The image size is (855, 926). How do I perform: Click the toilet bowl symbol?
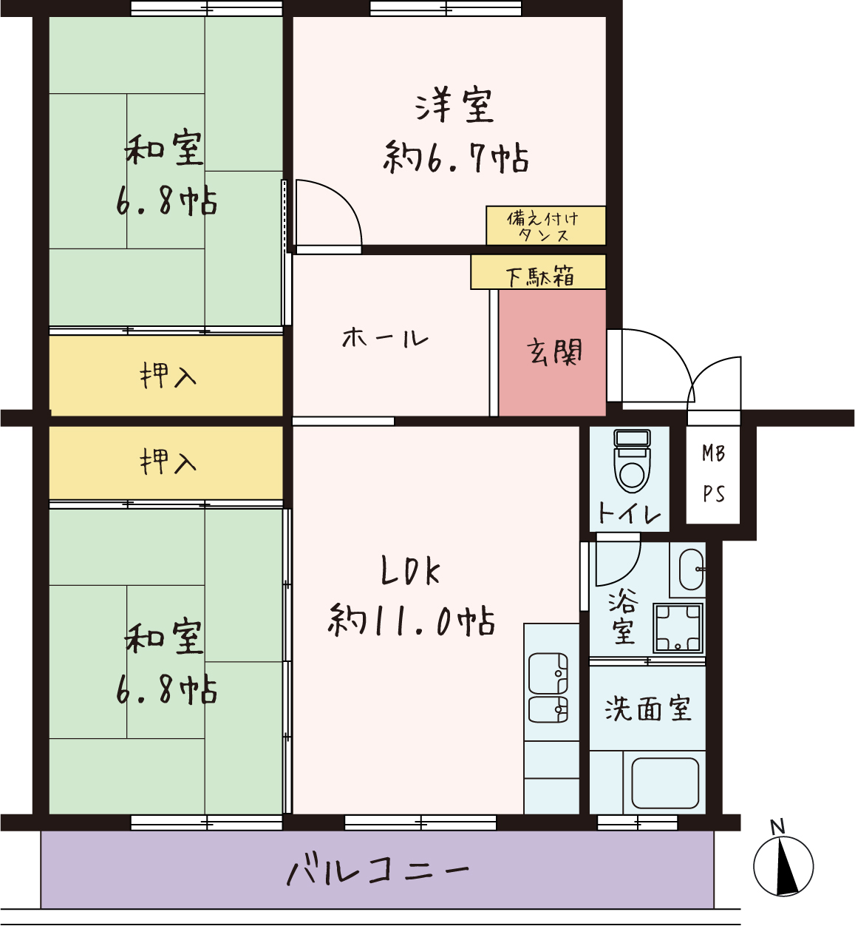[632, 461]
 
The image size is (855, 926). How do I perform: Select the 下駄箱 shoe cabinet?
[538, 272]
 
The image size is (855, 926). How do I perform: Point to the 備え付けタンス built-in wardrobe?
[545, 225]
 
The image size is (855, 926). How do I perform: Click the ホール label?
[385, 338]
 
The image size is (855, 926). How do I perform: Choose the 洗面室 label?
[647, 709]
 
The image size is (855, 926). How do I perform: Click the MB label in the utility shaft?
[713, 453]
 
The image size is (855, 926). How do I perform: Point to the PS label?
[713, 494]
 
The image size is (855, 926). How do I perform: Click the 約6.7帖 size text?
[456, 158]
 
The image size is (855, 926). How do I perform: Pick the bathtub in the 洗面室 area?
[665, 783]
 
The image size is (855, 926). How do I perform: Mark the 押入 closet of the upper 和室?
[166, 375]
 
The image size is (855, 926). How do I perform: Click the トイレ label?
[629, 513]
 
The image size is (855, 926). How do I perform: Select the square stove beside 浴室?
[678, 628]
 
